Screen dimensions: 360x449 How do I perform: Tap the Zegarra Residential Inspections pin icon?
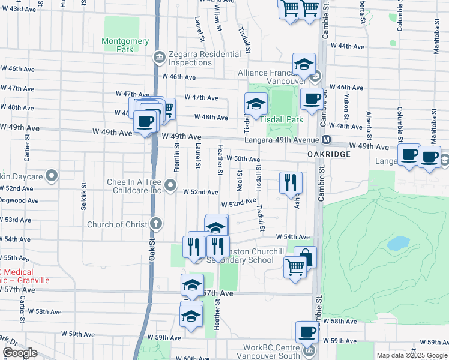[158, 58]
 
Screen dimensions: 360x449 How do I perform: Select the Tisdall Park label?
[282, 119]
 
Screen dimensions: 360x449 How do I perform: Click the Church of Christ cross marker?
[156, 224]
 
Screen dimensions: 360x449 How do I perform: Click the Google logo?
[20, 353]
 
